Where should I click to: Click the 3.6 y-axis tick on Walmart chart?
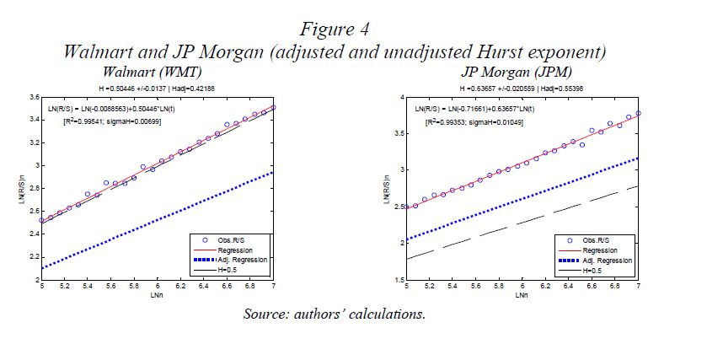31,98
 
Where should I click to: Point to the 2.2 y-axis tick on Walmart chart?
31,257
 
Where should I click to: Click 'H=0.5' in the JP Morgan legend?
594,271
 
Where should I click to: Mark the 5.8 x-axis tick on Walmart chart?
133,287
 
